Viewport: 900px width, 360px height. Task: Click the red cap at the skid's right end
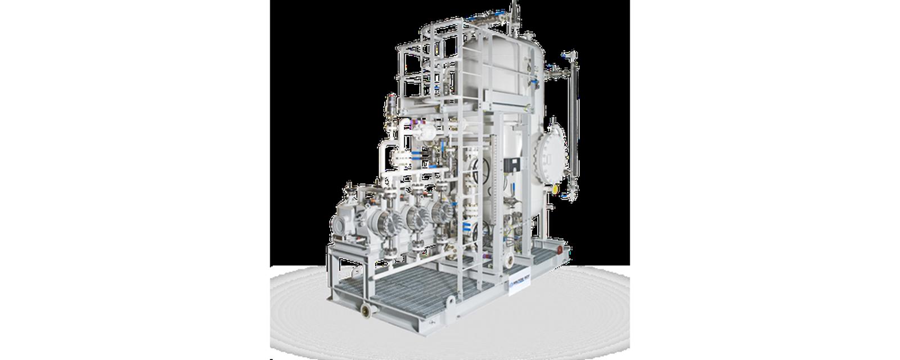pos(561,248)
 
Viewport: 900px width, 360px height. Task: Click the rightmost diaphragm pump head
pos(442,210)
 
